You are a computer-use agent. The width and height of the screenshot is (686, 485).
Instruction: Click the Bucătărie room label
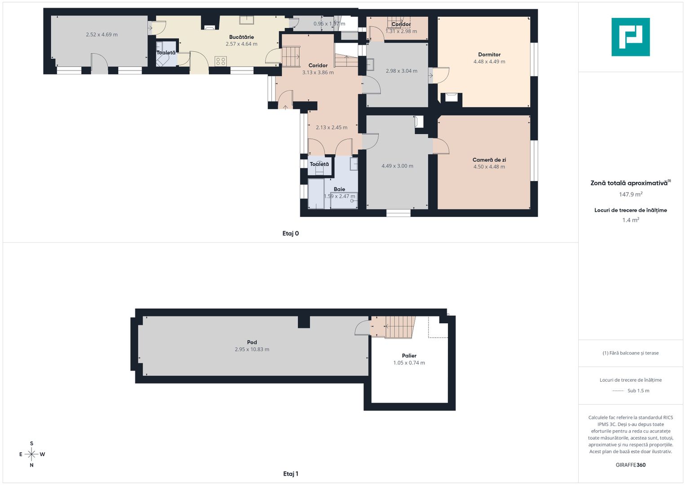[x=241, y=37]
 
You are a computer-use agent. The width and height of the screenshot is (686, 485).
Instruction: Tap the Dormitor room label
[x=489, y=55]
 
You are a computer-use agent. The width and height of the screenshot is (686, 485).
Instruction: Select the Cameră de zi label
[x=489, y=160]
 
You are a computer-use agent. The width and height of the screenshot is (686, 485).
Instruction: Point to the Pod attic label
[x=252, y=342]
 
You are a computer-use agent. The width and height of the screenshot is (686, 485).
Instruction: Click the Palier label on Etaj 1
[x=409, y=356]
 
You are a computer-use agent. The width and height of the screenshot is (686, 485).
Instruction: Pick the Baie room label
[x=340, y=189]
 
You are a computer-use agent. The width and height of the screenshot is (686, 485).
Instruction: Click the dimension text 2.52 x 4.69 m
[x=102, y=35]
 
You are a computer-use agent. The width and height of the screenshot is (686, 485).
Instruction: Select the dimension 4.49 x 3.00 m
[x=398, y=166]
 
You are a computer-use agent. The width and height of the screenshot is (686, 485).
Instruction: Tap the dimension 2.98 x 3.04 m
[x=402, y=71]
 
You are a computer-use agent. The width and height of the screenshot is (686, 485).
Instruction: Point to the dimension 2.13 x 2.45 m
[x=332, y=128]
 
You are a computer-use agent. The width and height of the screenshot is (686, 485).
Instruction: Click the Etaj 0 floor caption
[x=291, y=234]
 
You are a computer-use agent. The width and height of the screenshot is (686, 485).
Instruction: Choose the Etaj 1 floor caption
[x=291, y=474]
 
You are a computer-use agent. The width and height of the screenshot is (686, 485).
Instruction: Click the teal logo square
[x=631, y=37]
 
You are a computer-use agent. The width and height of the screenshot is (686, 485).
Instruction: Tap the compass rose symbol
[x=31, y=454]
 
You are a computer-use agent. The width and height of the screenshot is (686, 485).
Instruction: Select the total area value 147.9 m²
[x=631, y=194]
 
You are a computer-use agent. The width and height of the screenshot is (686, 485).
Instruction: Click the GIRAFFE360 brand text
[x=631, y=465]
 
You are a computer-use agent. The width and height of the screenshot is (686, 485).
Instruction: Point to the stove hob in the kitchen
[x=221, y=61]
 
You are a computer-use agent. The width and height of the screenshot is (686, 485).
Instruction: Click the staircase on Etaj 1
[x=399, y=327]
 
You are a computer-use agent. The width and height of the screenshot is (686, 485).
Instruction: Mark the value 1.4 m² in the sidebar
[x=631, y=220]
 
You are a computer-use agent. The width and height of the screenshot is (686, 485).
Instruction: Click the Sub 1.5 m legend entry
[x=638, y=391]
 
